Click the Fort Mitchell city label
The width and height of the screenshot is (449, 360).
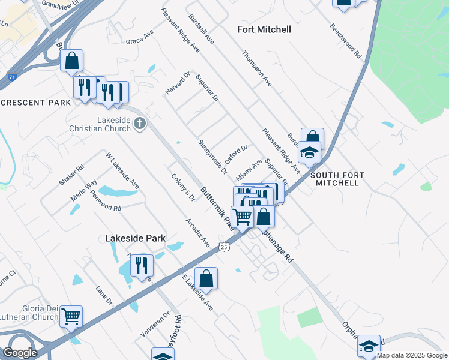coord(264,29)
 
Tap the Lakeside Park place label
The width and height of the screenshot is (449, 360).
coord(135,238)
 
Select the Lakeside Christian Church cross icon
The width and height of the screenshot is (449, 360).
coord(139,124)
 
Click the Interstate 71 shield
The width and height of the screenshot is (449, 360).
coord(12,77)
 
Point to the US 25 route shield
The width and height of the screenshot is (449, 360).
coord(224,247)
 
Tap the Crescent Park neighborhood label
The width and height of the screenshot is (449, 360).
coord(35,103)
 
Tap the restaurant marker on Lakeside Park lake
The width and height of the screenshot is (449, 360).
coord(142,264)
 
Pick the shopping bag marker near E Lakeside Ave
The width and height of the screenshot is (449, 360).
coord(206,278)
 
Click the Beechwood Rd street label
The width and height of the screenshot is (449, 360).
coord(346,41)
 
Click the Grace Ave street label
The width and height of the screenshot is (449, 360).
coord(139,37)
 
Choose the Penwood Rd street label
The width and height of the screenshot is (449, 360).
coord(105,200)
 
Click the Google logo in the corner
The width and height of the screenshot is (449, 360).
coord(20,353)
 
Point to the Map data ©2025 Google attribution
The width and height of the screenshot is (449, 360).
coord(412,356)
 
